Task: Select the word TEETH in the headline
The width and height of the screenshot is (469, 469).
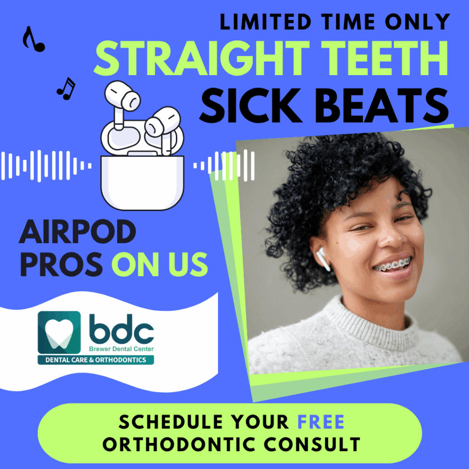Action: (384, 58)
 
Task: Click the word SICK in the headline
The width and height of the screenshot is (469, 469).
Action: (251, 105)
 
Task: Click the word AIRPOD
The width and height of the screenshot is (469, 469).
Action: (77, 232)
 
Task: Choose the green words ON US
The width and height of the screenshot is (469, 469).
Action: (160, 264)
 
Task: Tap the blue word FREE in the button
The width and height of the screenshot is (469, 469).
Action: (321, 422)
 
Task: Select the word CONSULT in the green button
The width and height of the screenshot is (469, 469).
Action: (312, 444)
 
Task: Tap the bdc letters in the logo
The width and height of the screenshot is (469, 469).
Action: (121, 329)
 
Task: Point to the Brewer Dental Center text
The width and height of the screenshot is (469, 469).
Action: (121, 349)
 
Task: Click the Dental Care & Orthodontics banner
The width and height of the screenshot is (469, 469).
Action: (96, 360)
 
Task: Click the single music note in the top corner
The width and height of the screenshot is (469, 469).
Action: (33, 39)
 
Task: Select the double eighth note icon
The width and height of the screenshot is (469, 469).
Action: (66, 88)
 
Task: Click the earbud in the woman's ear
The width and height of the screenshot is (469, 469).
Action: (323, 259)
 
